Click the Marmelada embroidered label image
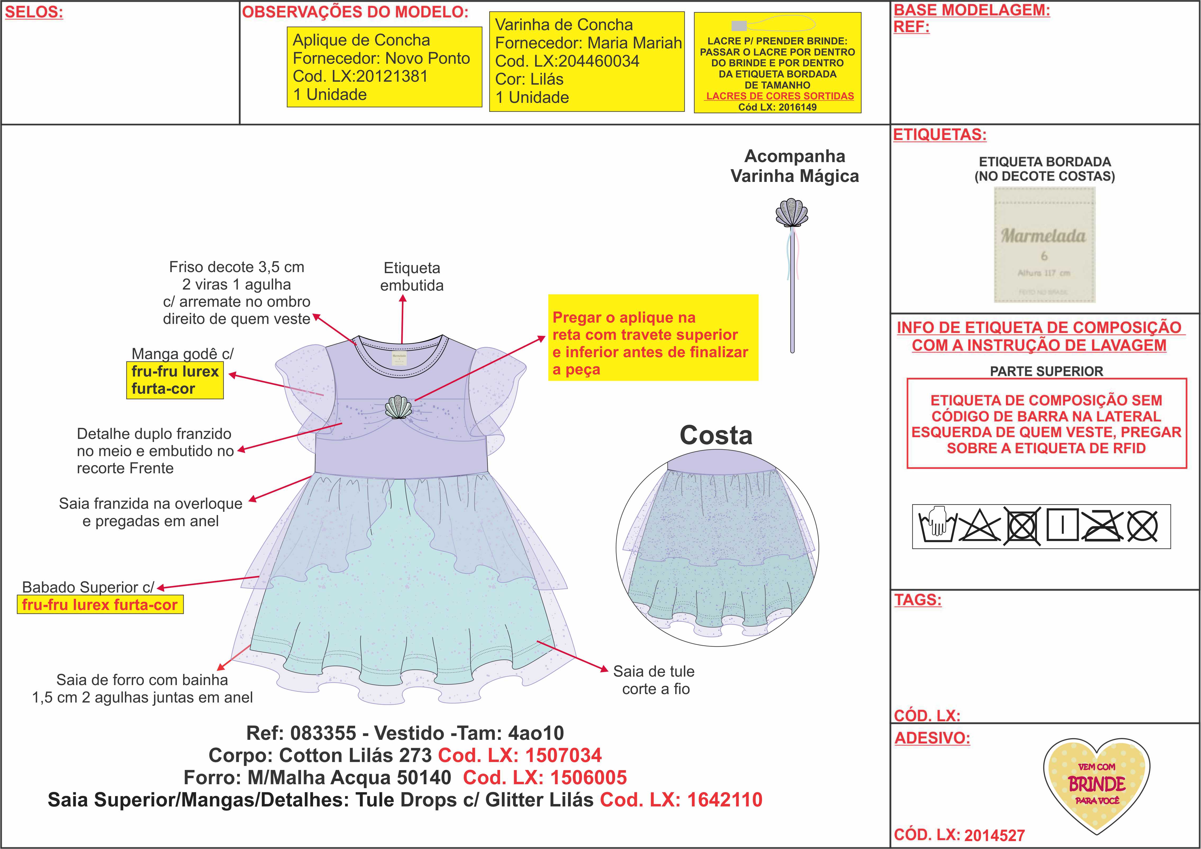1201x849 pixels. [x=1044, y=245]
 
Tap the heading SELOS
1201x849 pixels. [x=34, y=12]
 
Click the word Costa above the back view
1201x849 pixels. [x=715, y=435]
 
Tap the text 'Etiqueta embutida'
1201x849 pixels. [x=412, y=277]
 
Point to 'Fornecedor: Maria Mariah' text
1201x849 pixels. [x=588, y=43]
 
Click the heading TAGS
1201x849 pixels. [x=918, y=600]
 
